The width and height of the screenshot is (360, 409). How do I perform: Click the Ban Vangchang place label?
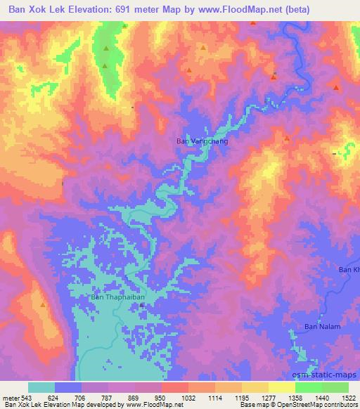click(202, 141)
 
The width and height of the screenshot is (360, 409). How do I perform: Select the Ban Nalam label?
click(322, 327)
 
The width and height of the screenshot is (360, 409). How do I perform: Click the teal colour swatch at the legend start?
click(41, 387)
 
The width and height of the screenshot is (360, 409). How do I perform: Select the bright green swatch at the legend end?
click(335, 387)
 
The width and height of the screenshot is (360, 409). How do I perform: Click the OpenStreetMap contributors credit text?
click(313, 405)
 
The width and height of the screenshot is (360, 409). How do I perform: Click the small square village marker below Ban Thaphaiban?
click(141, 305)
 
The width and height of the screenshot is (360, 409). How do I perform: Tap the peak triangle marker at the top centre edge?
click(253, 22)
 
